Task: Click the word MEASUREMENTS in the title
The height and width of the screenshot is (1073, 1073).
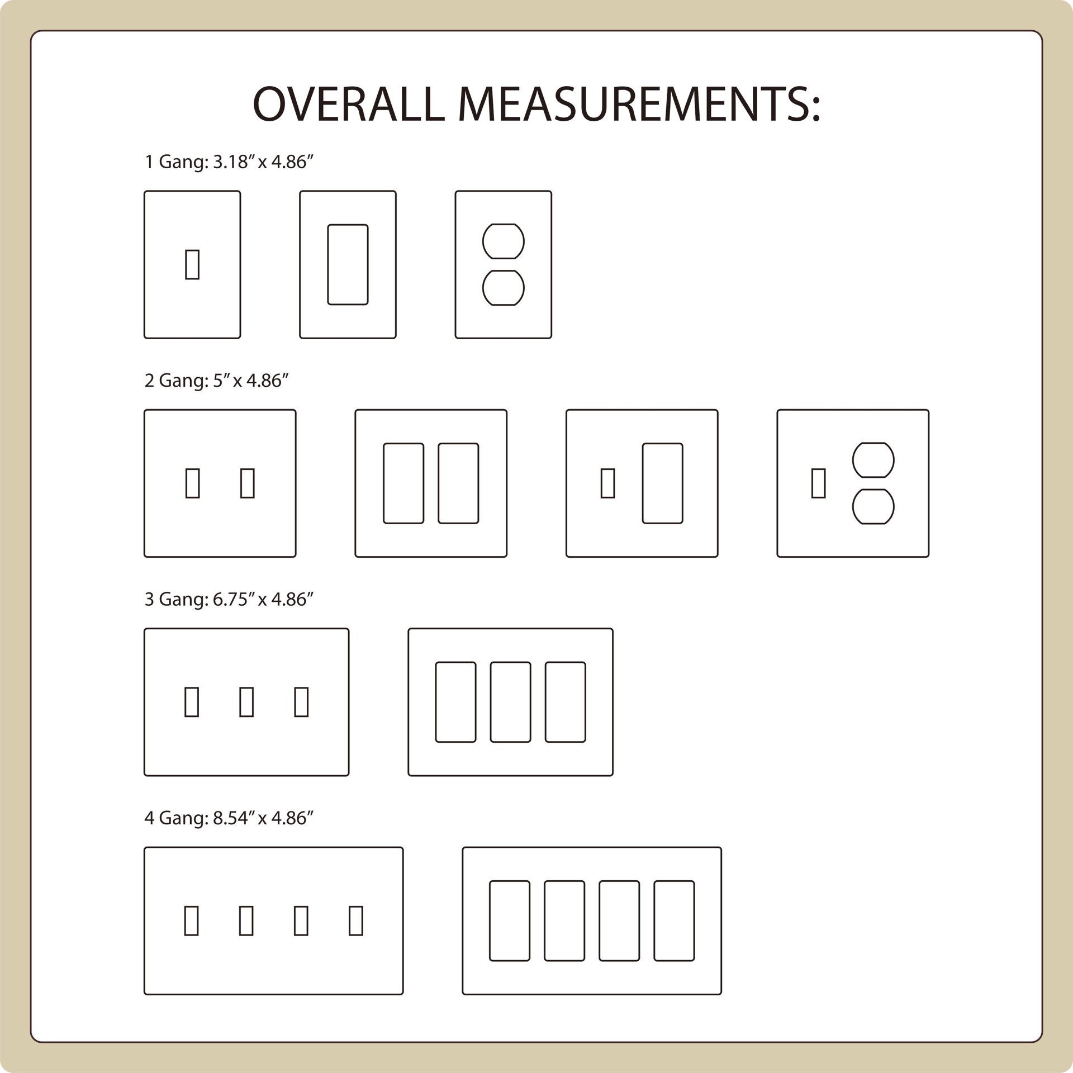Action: click(x=639, y=104)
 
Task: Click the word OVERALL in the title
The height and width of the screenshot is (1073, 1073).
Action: click(x=349, y=104)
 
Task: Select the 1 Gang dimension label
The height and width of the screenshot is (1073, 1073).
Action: click(x=229, y=162)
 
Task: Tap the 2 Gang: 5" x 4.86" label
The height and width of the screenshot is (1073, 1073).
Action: click(x=217, y=381)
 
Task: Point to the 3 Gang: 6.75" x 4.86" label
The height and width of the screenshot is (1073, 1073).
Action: click(x=229, y=599)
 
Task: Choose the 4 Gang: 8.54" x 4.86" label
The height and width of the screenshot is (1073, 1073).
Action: click(x=229, y=818)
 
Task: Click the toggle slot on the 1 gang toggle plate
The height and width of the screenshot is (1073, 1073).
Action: click(x=192, y=264)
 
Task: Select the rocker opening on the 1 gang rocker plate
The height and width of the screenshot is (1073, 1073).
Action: click(x=348, y=264)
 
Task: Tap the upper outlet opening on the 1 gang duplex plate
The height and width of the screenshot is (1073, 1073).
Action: click(x=503, y=241)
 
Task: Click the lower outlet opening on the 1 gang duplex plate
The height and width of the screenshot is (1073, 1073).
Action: click(x=503, y=288)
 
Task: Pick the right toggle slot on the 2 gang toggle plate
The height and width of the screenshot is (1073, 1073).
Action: click(x=248, y=483)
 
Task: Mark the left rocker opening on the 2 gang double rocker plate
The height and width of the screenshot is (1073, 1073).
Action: click(x=403, y=483)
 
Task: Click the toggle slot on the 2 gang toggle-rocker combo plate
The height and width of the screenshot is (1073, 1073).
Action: click(x=608, y=483)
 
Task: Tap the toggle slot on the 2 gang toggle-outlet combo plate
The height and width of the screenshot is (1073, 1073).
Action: click(x=819, y=483)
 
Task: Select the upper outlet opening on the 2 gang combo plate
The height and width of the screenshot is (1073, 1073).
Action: click(x=873, y=460)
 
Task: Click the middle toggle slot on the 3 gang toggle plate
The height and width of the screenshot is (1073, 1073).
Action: click(x=246, y=702)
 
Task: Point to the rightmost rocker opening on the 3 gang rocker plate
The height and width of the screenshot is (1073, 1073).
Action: click(x=566, y=702)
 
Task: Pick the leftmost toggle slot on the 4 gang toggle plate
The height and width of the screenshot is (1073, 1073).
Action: click(x=192, y=921)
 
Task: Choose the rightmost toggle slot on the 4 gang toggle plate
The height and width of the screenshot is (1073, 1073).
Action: click(x=356, y=921)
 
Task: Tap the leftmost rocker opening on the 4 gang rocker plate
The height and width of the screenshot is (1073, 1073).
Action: click(x=510, y=921)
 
